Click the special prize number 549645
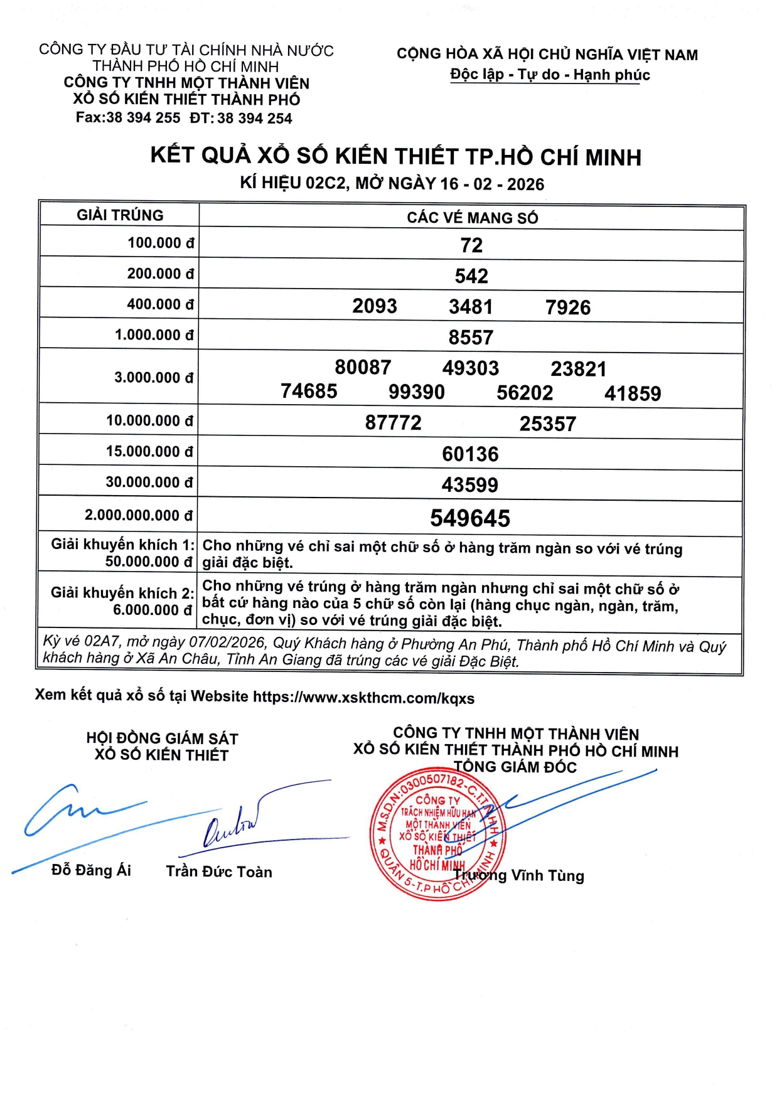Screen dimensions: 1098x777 [x=470, y=518]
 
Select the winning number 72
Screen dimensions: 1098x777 [x=471, y=245]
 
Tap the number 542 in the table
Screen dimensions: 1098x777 [x=471, y=276]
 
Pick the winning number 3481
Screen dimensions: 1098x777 [x=471, y=307]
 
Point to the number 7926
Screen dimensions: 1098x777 [x=568, y=307]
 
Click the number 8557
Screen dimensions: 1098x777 [x=471, y=338]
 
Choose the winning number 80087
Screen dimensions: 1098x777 [x=363, y=367]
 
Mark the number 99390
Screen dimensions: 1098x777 [x=417, y=392]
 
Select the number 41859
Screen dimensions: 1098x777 [x=633, y=393]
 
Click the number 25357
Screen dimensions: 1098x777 [x=547, y=424]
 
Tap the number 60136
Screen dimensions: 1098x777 [x=470, y=454]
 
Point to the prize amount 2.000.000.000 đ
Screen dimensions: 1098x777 [x=139, y=516]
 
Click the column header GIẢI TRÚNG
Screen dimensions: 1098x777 [x=120, y=215]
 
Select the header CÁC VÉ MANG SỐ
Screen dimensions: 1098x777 [x=472, y=218]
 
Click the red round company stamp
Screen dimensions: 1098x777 [x=437, y=834]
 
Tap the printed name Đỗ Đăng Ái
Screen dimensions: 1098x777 [x=91, y=870]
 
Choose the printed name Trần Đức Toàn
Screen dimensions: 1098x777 [x=219, y=871]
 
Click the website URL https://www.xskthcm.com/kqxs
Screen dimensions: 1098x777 [x=363, y=698]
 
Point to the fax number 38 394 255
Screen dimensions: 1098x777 [x=143, y=118]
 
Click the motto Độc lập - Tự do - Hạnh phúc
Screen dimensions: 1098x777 [x=550, y=75]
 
